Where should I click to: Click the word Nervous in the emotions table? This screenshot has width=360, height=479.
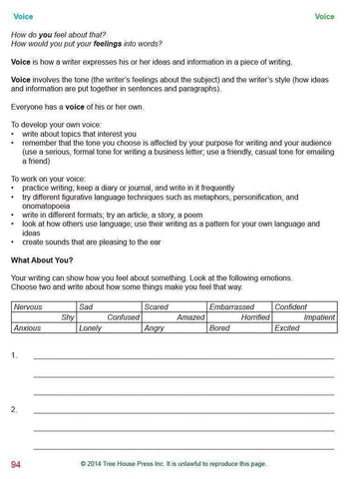[28, 307]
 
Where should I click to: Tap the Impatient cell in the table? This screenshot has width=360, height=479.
[319, 317]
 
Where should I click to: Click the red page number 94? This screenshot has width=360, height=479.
[16, 465]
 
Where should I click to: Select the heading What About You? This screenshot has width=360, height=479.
[40, 259]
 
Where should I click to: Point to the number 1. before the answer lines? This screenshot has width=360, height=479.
[13, 355]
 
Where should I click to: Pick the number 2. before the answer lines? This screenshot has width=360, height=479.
[13, 410]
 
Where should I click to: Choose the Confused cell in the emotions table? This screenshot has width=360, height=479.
[124, 317]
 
